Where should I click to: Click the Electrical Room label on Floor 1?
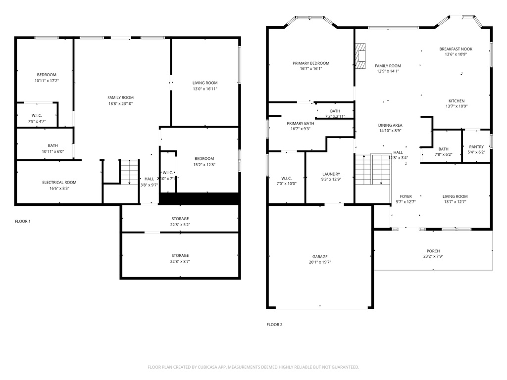point(59,183)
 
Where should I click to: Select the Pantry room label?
point(476,147)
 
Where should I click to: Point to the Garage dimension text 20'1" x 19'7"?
point(320,263)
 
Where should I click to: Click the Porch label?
point(433,251)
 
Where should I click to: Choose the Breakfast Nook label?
point(456,49)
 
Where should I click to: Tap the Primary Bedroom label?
point(310,63)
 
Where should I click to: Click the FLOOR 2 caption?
point(274,325)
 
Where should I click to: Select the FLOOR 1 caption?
point(23,221)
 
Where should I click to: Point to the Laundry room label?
point(331,174)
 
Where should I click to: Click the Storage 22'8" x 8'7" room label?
point(180,256)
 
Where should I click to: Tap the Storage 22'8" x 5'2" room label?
point(180,219)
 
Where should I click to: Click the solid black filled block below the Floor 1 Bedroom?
point(199,198)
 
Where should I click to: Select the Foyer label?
point(406,196)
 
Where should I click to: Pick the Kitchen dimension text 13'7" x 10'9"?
point(456,106)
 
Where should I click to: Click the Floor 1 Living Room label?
point(205,83)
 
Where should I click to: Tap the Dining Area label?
point(390,126)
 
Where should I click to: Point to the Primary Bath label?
point(300,123)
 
